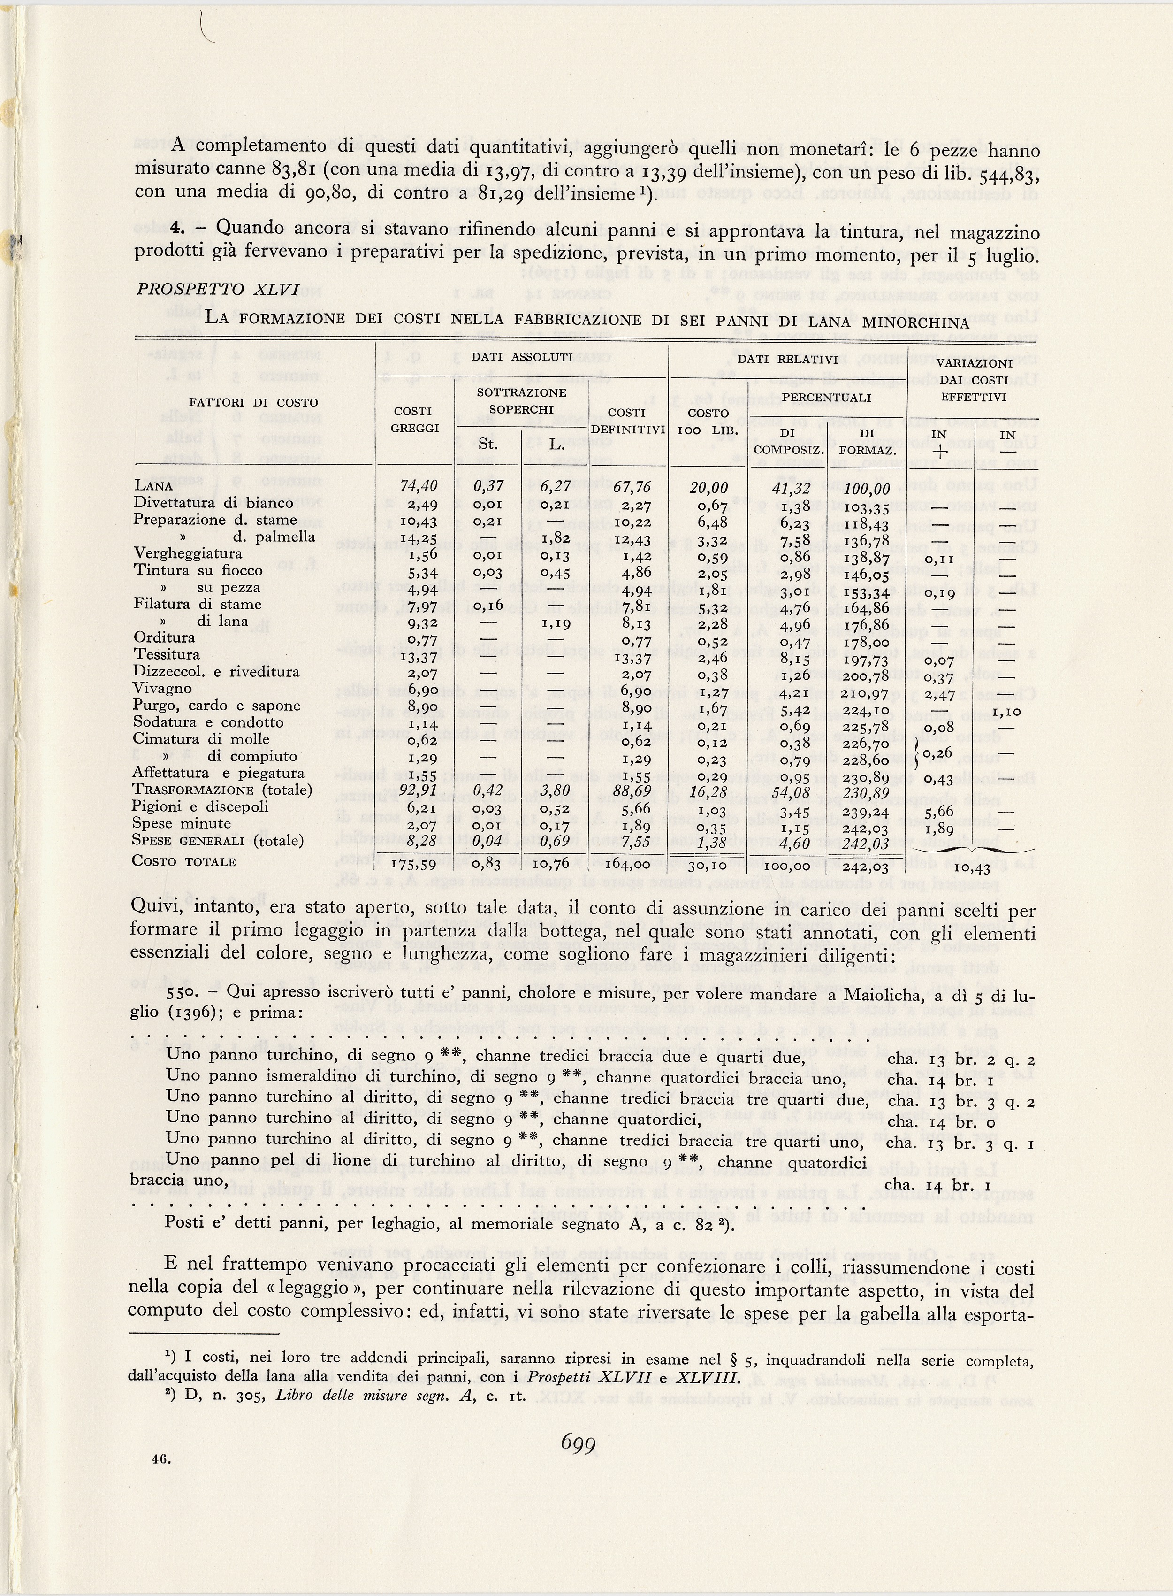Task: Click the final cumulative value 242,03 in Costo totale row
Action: pos(863,865)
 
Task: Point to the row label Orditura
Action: pos(164,637)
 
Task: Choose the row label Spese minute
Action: pos(182,824)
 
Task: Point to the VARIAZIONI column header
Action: pos(971,363)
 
